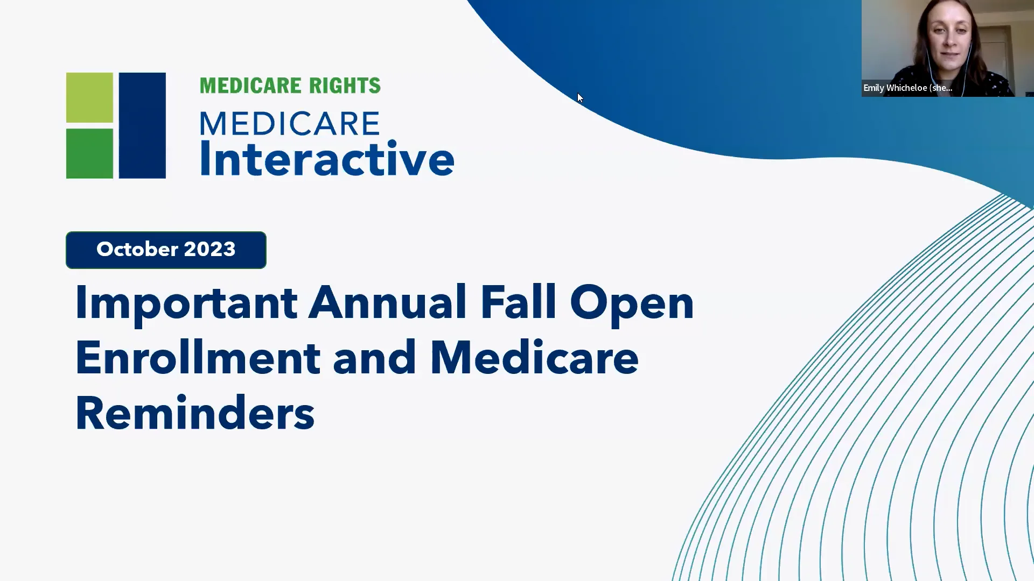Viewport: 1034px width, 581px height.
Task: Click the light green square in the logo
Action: coord(89,97)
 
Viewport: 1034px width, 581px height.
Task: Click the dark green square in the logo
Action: coord(89,153)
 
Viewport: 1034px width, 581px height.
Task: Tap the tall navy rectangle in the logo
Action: coord(142,125)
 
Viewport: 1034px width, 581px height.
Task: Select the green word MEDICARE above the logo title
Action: coord(250,86)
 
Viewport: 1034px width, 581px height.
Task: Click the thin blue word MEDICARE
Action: coord(290,124)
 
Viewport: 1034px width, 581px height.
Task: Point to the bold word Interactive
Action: coord(327,159)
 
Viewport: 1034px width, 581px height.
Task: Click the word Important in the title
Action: coord(186,303)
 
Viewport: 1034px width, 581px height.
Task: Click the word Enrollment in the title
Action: coord(198,358)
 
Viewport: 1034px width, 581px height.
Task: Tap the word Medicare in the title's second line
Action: coord(534,358)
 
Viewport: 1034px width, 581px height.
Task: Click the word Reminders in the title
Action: coord(194,413)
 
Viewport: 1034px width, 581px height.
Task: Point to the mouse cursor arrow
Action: coord(579,97)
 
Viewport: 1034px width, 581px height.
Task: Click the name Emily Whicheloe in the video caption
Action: coord(895,88)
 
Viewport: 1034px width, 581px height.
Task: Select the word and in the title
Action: coord(374,358)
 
